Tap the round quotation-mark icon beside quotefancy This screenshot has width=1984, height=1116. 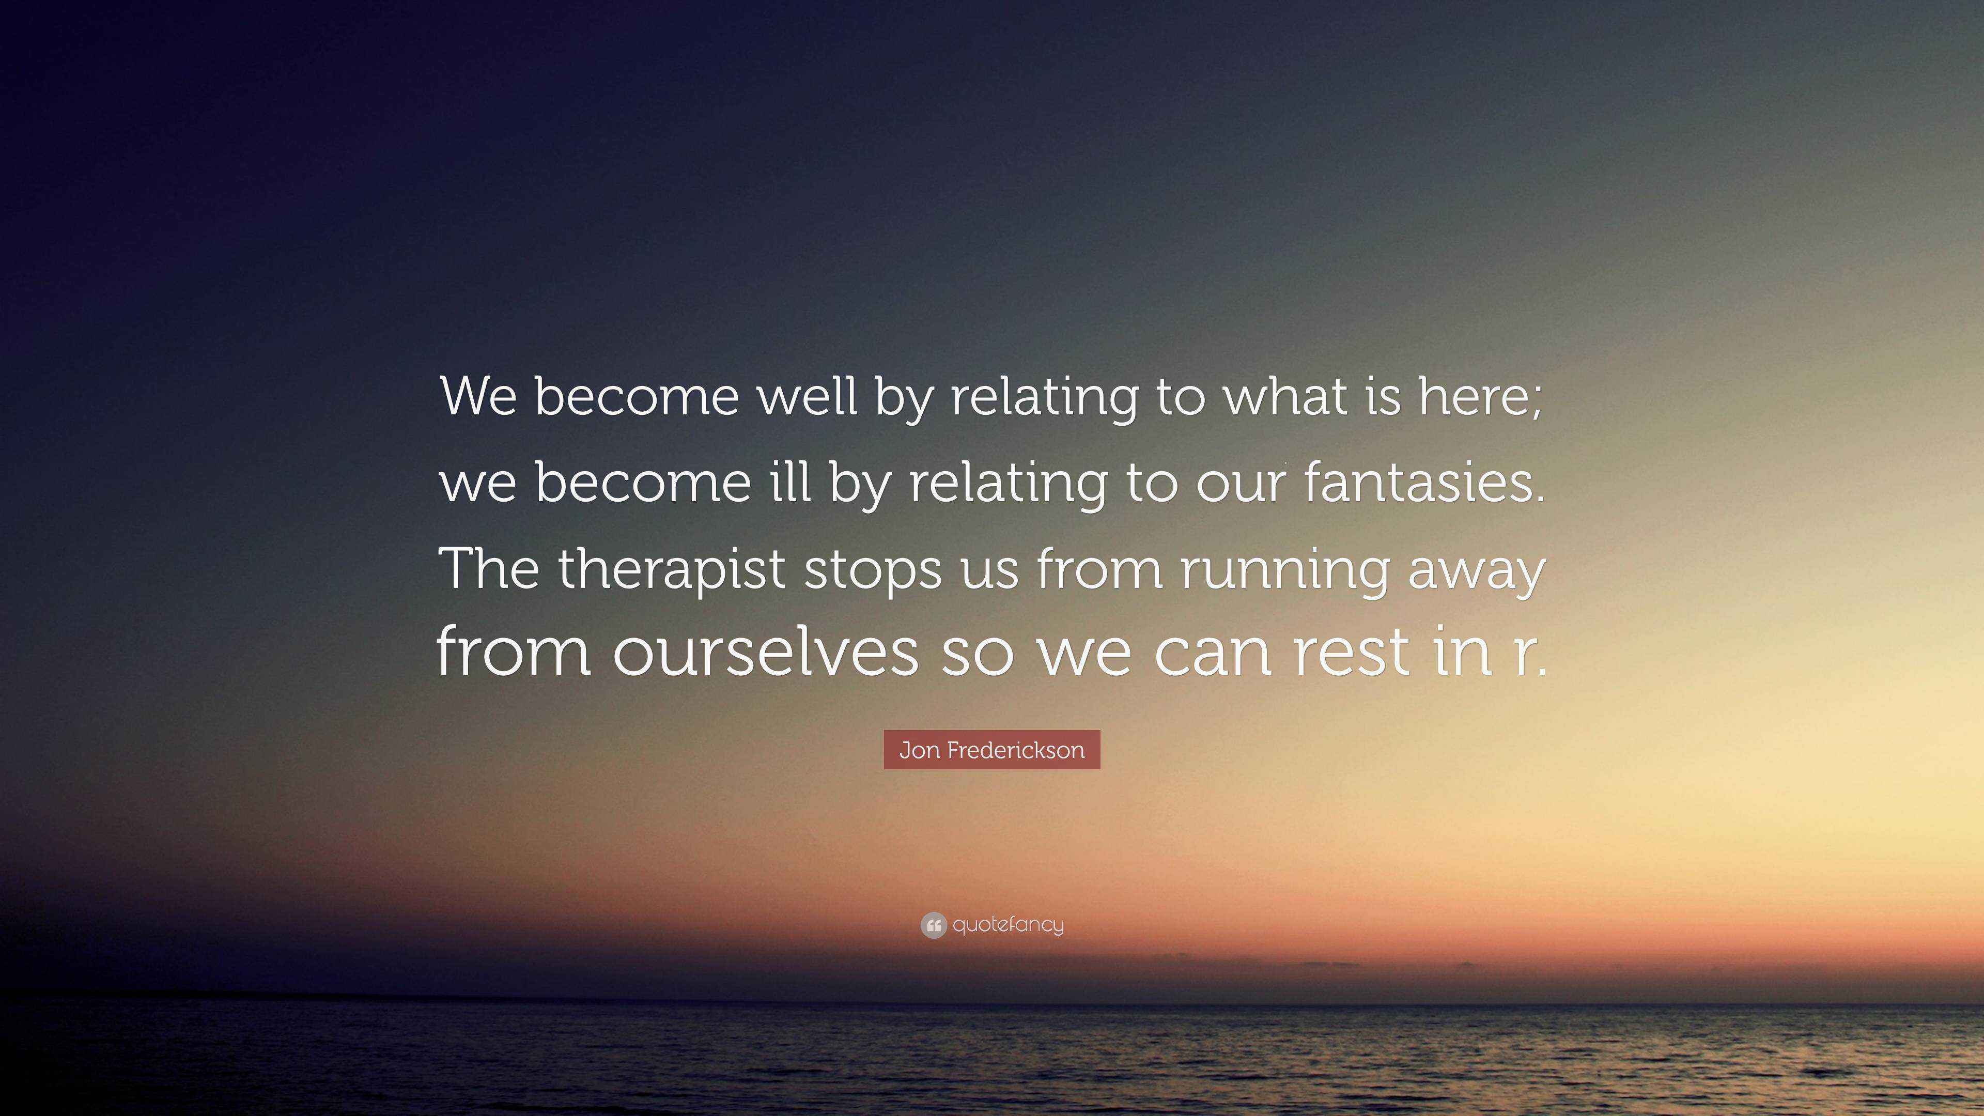point(933,925)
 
